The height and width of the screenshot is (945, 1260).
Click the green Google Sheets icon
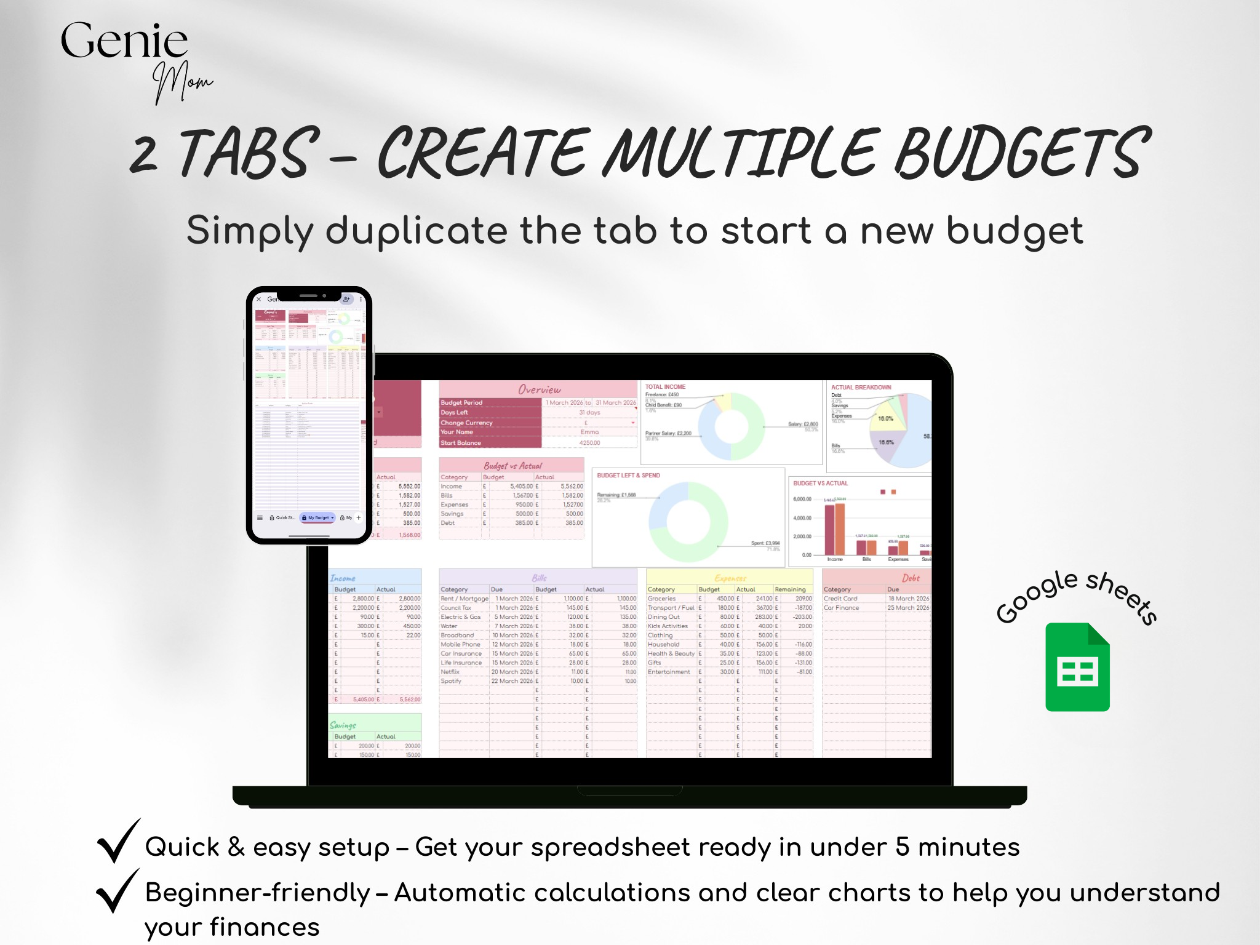1077,667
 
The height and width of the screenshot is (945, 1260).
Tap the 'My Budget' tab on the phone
318,517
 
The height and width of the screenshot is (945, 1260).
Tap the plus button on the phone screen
359,517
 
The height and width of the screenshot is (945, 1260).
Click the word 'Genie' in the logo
124,41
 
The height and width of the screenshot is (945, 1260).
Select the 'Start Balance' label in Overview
461,443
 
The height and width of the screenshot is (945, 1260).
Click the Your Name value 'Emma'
589,432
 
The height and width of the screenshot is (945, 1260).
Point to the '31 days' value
589,413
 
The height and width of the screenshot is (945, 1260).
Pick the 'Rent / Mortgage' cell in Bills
465,599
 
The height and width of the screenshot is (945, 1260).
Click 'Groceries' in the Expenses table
661,599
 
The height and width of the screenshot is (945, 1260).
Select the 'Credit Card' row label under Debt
840,599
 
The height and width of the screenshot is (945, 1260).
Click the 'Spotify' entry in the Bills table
451,681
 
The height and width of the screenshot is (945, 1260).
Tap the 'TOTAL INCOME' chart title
665,387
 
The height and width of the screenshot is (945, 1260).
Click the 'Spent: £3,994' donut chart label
765,543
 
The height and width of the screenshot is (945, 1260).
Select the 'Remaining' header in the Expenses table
790,589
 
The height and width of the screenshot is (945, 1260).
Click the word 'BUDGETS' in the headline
1021,153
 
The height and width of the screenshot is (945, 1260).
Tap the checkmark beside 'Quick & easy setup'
117,840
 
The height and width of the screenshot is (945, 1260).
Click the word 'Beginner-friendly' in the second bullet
257,893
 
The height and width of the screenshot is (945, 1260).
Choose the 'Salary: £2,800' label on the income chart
803,425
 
